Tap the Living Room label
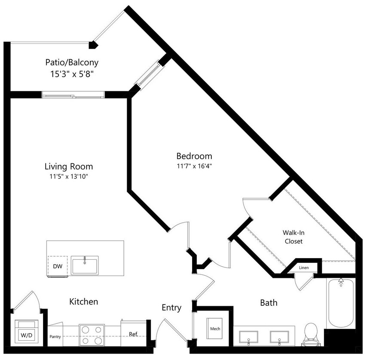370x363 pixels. (x=69, y=166)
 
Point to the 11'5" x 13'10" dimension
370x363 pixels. (x=69, y=176)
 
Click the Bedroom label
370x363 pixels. (x=194, y=156)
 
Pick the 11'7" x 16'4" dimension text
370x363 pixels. (x=194, y=166)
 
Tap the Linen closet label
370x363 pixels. (x=304, y=268)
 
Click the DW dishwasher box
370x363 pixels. (x=58, y=267)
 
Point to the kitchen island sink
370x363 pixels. (x=85, y=265)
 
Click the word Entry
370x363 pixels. (x=171, y=308)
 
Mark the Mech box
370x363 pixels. (x=215, y=329)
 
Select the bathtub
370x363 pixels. (x=341, y=304)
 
